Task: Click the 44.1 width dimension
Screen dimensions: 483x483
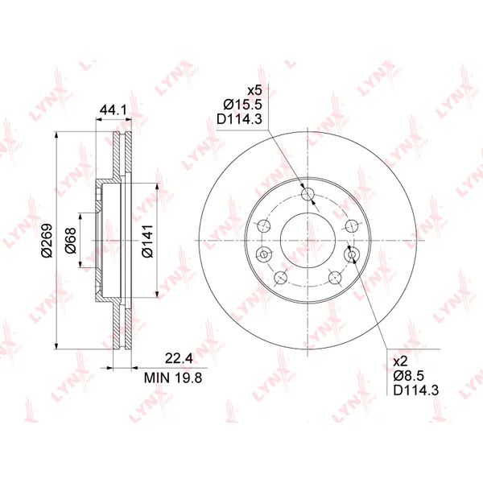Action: pos(114,109)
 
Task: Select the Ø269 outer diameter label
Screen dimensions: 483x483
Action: pos(47,240)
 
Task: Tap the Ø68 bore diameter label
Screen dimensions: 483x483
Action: pos(70,240)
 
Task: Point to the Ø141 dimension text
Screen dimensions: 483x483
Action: pos(147,241)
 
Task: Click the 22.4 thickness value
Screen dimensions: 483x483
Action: pos(179,358)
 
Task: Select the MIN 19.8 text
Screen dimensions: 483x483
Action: pos(173,378)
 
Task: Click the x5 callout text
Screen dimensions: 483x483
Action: pos(254,90)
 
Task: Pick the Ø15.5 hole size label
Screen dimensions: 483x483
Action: pos(243,105)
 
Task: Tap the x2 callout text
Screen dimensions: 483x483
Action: pos(400,361)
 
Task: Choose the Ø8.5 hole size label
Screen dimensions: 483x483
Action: pos(409,375)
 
